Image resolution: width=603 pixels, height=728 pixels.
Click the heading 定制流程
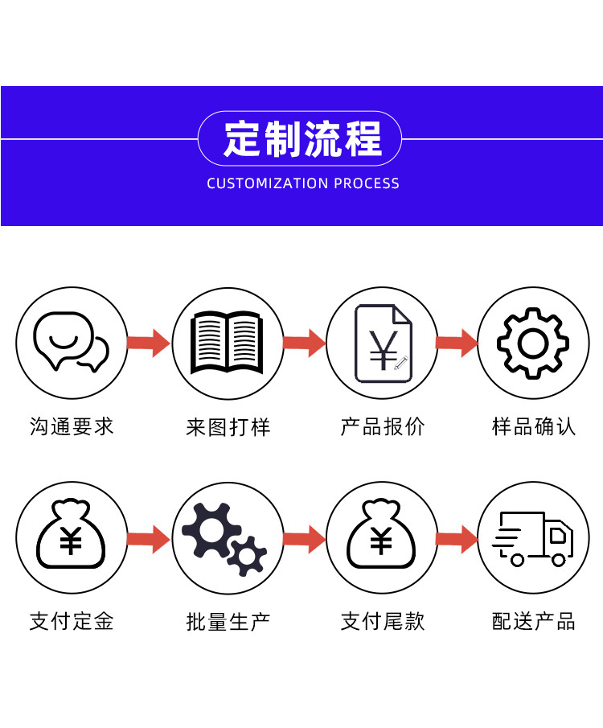302,139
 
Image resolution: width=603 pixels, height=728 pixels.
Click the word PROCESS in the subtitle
367,183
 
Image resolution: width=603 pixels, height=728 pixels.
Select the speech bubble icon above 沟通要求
71,341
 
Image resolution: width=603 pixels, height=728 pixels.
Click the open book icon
227,342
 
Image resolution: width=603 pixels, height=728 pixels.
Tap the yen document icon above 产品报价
383,343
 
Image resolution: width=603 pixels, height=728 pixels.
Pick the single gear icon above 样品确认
533,343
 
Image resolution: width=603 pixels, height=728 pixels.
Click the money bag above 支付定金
71,534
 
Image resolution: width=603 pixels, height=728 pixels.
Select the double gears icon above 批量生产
224,539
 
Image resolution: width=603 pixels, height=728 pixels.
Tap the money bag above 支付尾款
381,534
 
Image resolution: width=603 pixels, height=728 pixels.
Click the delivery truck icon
533,539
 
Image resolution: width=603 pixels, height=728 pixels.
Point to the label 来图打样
228,427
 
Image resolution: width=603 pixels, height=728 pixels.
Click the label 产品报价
383,426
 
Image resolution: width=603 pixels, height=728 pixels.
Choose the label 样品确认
533,426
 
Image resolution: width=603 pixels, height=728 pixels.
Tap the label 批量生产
228,622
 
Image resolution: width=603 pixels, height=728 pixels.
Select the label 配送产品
533,621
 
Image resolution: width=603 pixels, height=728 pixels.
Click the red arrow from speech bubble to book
149,343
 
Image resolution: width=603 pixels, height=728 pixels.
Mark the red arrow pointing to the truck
457,539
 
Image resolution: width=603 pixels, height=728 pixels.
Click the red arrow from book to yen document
304,343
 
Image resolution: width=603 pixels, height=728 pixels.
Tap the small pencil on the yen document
400,363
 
